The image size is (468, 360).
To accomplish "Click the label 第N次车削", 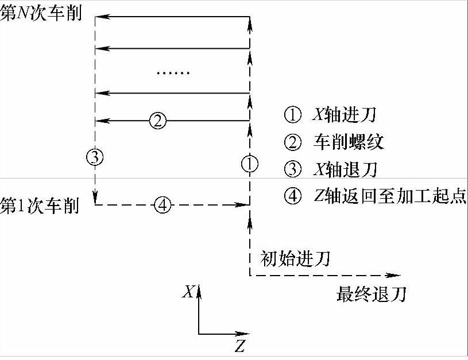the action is click(x=42, y=15).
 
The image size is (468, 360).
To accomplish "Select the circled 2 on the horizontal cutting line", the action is click(x=157, y=121).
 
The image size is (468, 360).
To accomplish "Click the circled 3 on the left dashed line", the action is click(x=95, y=156).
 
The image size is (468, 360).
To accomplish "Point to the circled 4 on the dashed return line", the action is click(x=164, y=204).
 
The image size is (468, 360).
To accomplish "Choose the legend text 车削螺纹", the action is click(x=349, y=142).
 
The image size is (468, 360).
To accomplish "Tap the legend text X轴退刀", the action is click(x=343, y=169).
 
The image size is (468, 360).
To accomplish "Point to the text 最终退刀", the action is click(x=372, y=295).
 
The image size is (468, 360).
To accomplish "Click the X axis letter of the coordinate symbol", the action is click(x=187, y=292).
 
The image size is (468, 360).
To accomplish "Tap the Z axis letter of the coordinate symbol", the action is click(x=239, y=346).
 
